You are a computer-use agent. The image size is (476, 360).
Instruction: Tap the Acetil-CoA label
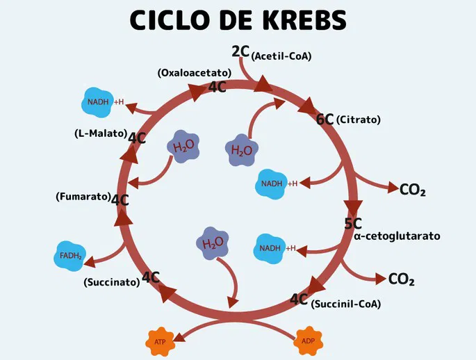tap(281, 56)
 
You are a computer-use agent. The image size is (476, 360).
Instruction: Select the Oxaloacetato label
tap(194, 72)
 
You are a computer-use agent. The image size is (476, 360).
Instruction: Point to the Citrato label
tap(359, 120)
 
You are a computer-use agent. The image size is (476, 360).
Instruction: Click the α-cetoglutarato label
tap(397, 236)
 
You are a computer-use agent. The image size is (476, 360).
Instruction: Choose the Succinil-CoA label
tap(346, 304)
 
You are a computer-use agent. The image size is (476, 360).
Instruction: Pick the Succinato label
tap(111, 282)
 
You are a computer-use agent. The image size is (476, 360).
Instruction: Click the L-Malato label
tap(100, 133)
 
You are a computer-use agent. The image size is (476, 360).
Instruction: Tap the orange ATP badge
tap(161, 342)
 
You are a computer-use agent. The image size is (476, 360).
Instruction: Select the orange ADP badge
tap(308, 341)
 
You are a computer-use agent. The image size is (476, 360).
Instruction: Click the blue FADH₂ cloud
tap(71, 256)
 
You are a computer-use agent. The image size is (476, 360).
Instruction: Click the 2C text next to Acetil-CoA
tap(240, 51)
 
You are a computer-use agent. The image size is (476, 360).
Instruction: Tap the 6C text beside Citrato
tap(325, 120)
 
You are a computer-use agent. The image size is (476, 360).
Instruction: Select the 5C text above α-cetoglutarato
tap(353, 224)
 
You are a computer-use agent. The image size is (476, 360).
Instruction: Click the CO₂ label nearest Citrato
tap(413, 190)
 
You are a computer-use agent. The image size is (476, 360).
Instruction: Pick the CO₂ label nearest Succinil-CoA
tap(401, 279)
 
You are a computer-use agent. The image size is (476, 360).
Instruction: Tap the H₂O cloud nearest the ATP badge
tap(213, 243)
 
